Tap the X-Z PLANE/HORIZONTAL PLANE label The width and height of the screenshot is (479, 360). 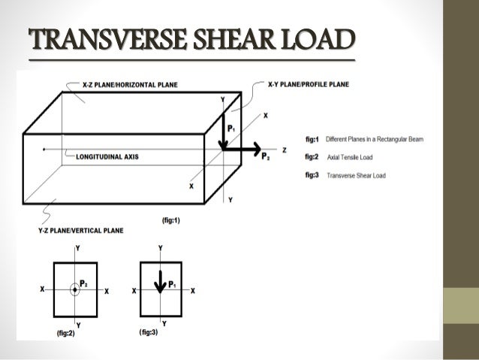point(130,86)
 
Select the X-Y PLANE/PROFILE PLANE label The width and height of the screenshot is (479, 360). point(309,86)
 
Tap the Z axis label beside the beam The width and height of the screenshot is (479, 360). point(285,150)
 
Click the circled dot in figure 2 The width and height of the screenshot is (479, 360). point(74,289)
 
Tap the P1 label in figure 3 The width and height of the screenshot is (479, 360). point(172,284)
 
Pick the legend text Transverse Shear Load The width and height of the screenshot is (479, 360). point(356,175)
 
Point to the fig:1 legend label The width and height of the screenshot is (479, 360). point(313,139)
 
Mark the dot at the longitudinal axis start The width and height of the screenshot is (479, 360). point(44,150)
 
